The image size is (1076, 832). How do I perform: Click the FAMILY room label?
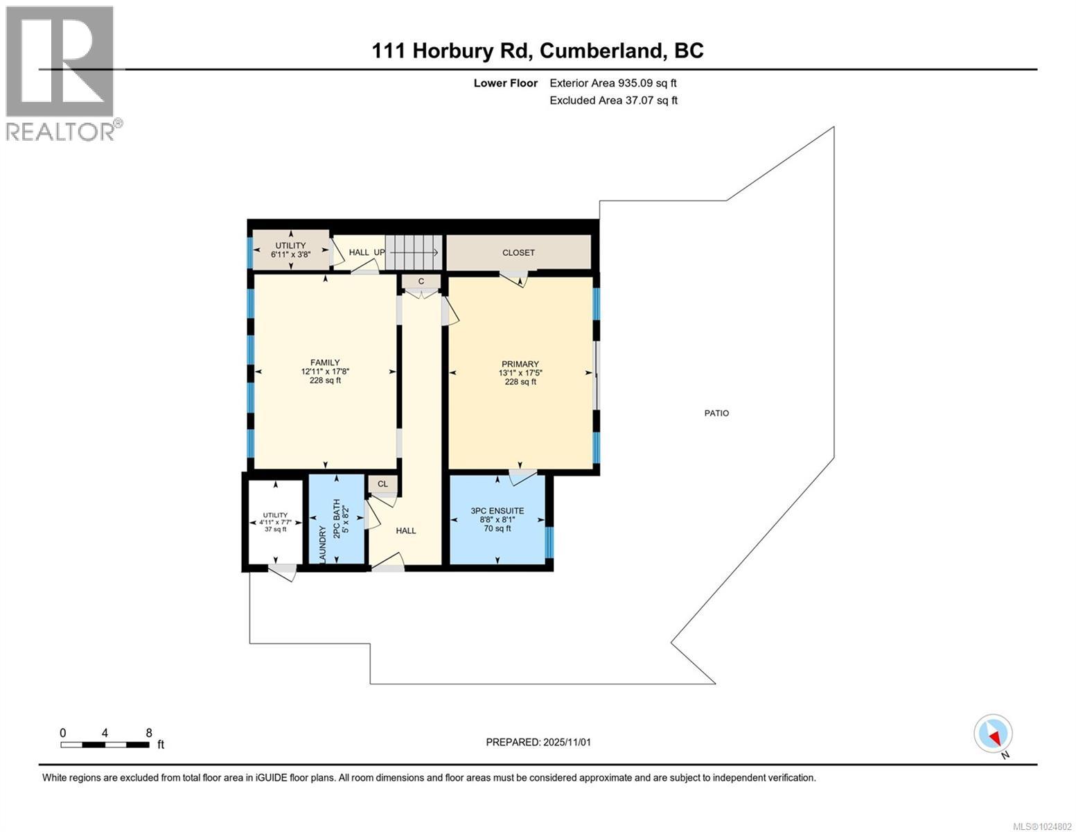(325, 363)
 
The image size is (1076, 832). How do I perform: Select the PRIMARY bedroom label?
(520, 364)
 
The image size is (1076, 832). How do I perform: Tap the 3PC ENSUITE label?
(497, 511)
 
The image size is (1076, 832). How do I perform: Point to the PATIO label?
(716, 413)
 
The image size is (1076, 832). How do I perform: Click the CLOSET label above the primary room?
(518, 253)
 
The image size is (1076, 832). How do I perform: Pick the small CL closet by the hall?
(382, 484)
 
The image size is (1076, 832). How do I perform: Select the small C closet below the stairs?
(421, 281)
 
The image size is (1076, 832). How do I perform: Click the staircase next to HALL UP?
(413, 252)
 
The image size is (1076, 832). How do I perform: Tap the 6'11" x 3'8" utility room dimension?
(290, 254)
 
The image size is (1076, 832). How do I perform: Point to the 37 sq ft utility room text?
(275, 530)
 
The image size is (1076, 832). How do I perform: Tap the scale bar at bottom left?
(105, 745)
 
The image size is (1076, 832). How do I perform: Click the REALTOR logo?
(60, 73)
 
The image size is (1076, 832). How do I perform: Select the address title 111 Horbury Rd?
(538, 51)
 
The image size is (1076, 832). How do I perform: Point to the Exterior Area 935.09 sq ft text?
(612, 83)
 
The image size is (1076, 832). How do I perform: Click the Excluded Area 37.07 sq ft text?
(613, 101)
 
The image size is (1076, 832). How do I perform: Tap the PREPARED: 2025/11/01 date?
(538, 742)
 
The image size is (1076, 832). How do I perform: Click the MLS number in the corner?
(1043, 825)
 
